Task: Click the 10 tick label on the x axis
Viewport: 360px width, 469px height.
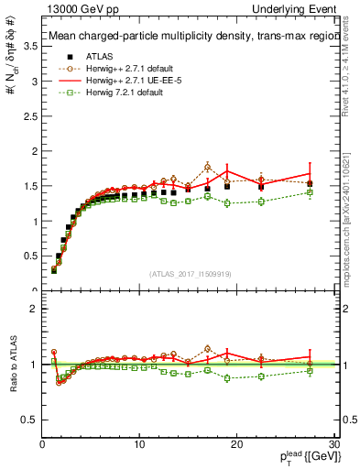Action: (x=138, y=444)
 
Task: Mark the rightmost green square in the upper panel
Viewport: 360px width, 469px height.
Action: (x=310, y=192)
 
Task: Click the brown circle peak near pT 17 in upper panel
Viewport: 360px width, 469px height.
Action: (x=208, y=166)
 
